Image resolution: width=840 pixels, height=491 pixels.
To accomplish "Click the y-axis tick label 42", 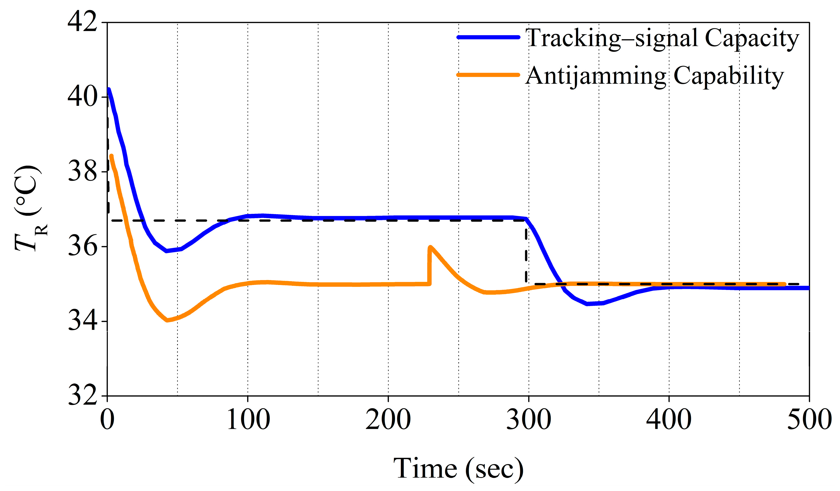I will point(82,23).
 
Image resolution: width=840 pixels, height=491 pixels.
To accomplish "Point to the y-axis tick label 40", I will point(82,97).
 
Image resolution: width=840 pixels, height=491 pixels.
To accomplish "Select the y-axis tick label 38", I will point(82,172).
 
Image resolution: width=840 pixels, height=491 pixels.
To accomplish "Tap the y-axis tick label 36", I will point(82,247).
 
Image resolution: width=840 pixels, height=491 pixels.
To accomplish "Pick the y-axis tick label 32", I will point(82,396).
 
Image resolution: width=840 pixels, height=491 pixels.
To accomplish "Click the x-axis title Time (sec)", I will point(458,469).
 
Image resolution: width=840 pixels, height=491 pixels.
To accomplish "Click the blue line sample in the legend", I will point(488,37).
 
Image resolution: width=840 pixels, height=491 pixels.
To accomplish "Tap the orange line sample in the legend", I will point(488,75).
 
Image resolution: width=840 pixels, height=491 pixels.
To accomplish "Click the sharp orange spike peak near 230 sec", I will point(430,247).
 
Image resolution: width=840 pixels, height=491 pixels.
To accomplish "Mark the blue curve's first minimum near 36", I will point(167,251).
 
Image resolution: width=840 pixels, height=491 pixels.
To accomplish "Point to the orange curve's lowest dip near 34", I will point(167,320).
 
